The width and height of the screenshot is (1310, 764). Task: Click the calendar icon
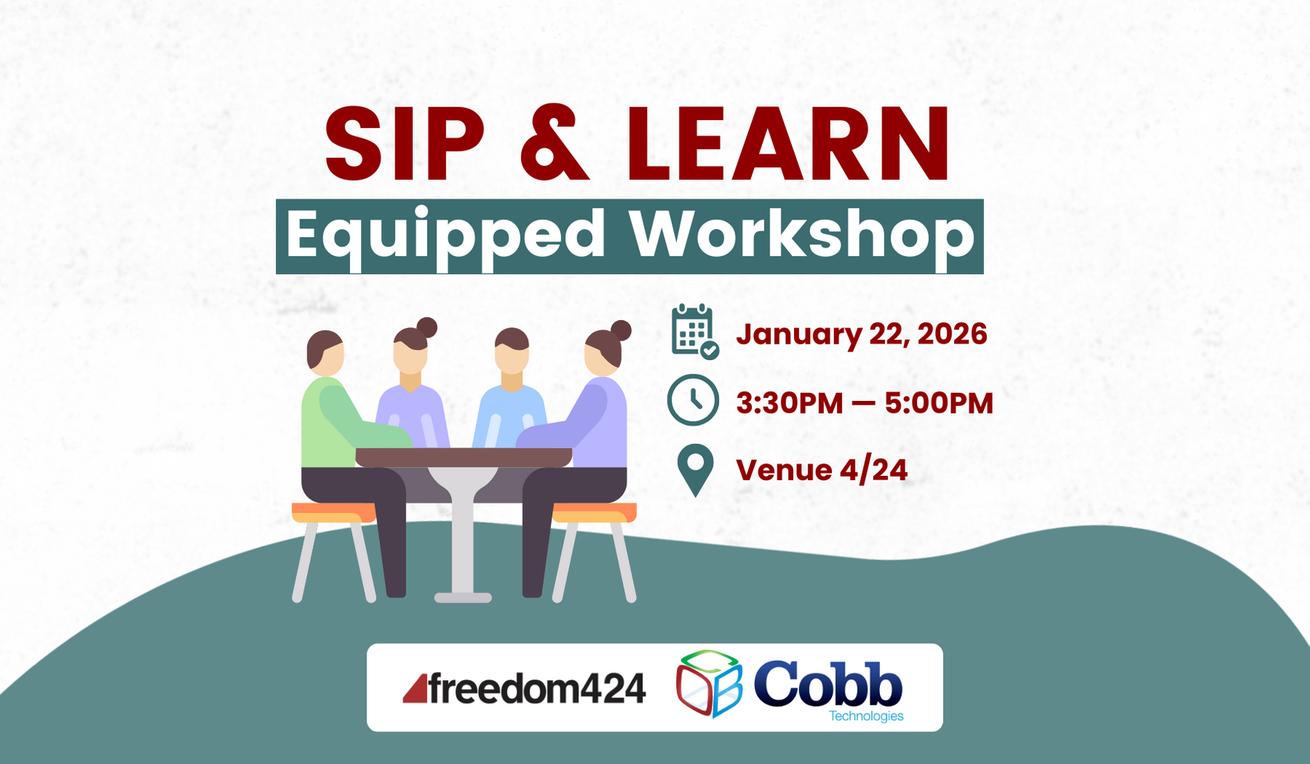pyautogui.click(x=694, y=331)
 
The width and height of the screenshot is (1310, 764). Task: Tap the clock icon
pyautogui.click(x=693, y=400)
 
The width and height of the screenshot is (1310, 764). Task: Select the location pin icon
pyautogui.click(x=695, y=470)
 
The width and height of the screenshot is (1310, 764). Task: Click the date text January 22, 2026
pyautogui.click(x=861, y=334)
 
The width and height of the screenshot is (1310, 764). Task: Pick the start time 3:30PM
pyautogui.click(x=790, y=404)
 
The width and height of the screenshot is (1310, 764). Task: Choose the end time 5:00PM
pyautogui.click(x=939, y=404)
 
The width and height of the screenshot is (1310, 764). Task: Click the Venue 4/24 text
pyautogui.click(x=821, y=471)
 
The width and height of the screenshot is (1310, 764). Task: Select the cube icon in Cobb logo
pyautogui.click(x=709, y=683)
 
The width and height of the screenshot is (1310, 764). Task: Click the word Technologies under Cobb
pyautogui.click(x=866, y=717)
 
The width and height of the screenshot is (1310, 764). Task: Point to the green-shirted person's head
pyautogui.click(x=325, y=353)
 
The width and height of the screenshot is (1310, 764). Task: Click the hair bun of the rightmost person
pyautogui.click(x=621, y=330)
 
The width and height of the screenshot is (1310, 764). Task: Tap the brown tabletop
pyautogui.click(x=463, y=457)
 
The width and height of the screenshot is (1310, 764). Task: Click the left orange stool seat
pyautogui.click(x=333, y=512)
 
